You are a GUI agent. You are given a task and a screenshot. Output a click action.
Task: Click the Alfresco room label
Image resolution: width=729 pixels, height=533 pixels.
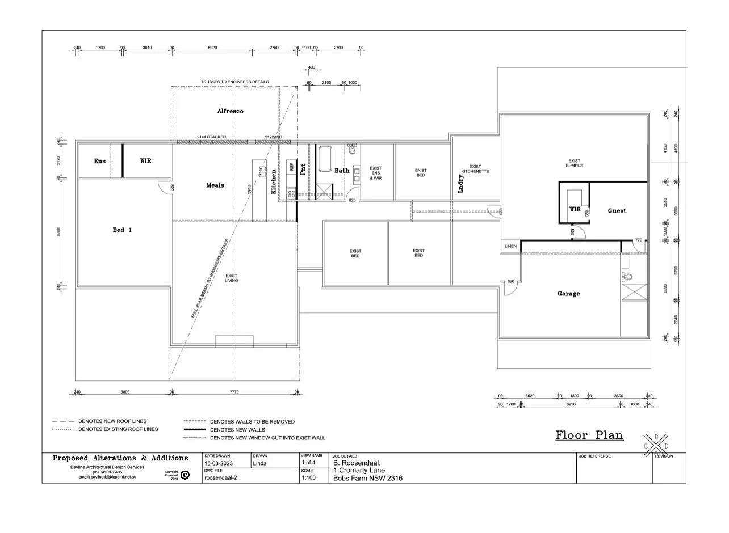coord(230,111)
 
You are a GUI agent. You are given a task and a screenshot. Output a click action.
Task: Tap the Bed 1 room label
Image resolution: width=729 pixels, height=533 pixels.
coord(122,230)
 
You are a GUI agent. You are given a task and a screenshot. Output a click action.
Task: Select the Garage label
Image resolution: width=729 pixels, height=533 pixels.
coord(568,294)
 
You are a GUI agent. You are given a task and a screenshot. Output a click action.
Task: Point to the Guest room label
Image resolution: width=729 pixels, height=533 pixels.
coord(617,211)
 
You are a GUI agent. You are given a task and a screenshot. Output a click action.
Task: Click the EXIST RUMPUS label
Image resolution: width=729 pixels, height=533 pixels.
coord(574,163)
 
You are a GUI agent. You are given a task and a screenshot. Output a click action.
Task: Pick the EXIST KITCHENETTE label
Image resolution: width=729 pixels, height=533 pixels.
coord(475,169)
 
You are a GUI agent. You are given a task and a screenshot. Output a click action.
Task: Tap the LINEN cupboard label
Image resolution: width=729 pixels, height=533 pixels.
coord(510,246)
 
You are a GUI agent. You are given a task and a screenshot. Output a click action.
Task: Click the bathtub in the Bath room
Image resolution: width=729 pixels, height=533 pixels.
coord(325,159)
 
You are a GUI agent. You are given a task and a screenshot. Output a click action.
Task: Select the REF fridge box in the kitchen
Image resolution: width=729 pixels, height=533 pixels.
coord(292,167)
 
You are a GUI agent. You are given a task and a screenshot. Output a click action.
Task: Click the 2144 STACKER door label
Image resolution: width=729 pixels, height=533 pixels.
coord(211,137)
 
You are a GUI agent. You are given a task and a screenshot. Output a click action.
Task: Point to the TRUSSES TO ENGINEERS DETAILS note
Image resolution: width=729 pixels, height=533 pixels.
coord(234,82)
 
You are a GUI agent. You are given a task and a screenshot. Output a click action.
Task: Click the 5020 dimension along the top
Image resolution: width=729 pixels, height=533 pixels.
coord(212,48)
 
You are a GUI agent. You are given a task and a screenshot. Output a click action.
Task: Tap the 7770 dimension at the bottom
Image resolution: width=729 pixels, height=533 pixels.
coord(234,392)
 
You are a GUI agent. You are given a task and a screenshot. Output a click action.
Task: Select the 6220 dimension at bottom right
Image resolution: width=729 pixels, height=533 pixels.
coord(571,404)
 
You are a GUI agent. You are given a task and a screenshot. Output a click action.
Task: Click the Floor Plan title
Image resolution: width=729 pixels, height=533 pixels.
coord(589,435)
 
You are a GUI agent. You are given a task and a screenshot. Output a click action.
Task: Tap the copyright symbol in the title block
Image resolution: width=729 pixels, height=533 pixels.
coord(185,475)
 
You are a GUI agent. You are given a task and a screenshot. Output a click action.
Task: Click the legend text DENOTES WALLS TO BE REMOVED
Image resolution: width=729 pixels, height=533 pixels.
coord(252,422)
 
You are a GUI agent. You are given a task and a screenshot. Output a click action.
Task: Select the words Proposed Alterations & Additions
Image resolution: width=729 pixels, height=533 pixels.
coord(120,458)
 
